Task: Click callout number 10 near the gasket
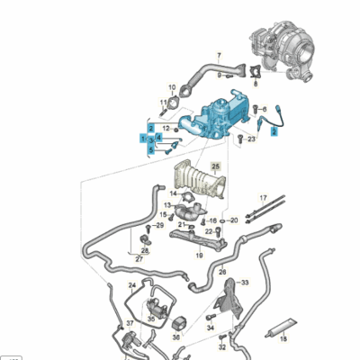(172, 87)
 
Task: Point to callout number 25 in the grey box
(215, 167)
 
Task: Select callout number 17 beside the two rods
(264, 197)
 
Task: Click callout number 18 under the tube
(282, 339)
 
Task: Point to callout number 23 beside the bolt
(253, 139)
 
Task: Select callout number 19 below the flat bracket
(199, 255)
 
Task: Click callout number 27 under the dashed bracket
(139, 258)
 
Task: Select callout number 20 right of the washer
(234, 219)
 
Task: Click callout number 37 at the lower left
(130, 322)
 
